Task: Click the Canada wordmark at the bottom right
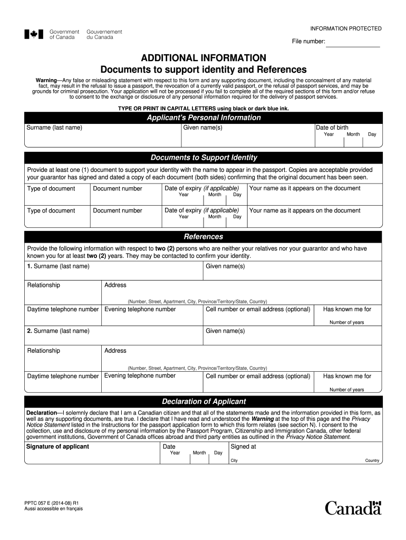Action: [x=353, y=508]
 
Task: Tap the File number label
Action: [x=308, y=42]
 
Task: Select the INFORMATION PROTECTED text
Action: [x=345, y=28]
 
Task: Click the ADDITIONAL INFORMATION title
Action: [x=203, y=57]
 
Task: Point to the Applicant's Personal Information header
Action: [x=203, y=118]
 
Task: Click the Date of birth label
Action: [x=332, y=128]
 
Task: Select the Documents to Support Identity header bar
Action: [x=203, y=158]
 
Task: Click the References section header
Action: [x=203, y=237]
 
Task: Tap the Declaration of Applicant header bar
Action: [x=203, y=401]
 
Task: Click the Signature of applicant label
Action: [x=57, y=447]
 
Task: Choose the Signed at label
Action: [x=244, y=447]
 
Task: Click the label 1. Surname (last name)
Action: [x=58, y=266]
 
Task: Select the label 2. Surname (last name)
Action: [x=58, y=331]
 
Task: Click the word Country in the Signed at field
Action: [x=372, y=460]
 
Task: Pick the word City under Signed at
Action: [x=234, y=460]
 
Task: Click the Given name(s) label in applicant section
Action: [x=202, y=128]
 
